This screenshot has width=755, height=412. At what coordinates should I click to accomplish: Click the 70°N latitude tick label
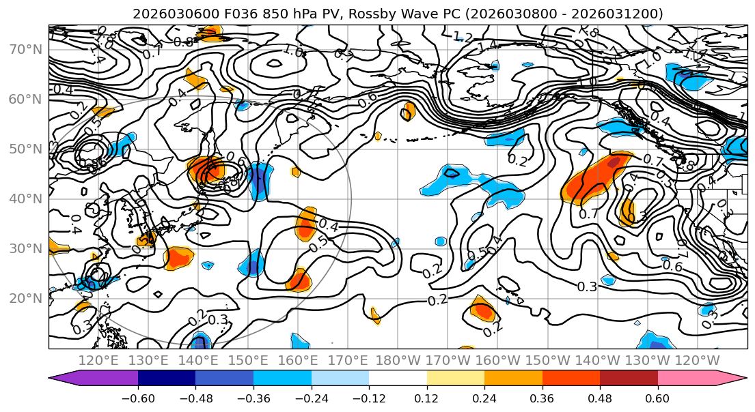[x=26, y=50]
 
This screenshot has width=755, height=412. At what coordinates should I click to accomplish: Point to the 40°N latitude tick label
[x=26, y=199]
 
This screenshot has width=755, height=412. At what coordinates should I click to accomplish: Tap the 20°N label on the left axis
[x=26, y=299]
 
